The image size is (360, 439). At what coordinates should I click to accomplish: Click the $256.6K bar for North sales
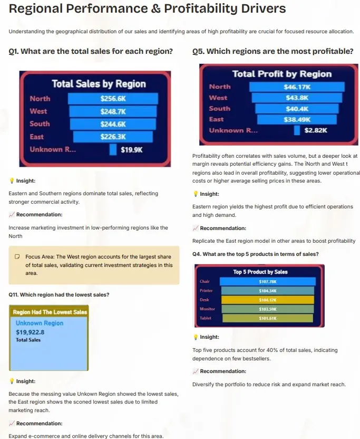pyautogui.click(x=113, y=99)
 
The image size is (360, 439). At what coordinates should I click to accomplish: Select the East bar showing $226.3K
pyautogui.click(x=113, y=137)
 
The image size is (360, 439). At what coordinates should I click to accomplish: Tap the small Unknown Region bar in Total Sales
pyautogui.click(x=113, y=149)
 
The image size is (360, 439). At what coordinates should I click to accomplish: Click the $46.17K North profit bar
pyautogui.click(x=297, y=87)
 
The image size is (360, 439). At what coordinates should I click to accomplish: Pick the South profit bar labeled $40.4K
pyautogui.click(x=297, y=109)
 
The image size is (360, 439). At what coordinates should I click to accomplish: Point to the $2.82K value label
pyautogui.click(x=316, y=130)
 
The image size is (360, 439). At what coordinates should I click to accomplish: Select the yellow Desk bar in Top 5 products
pyautogui.click(x=268, y=300)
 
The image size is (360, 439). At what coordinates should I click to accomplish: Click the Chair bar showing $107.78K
pyautogui.click(x=268, y=281)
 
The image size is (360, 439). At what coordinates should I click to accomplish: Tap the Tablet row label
pyautogui.click(x=206, y=318)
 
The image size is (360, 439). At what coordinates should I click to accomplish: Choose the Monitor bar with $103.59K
pyautogui.click(x=268, y=309)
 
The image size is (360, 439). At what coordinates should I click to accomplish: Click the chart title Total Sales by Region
pyautogui.click(x=99, y=84)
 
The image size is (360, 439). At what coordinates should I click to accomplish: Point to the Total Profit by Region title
pyautogui.click(x=282, y=74)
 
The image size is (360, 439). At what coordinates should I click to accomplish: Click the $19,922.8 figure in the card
pyautogui.click(x=30, y=332)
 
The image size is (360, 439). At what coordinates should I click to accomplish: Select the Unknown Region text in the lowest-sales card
pyautogui.click(x=40, y=323)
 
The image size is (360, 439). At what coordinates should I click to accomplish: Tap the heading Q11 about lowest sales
pyautogui.click(x=59, y=294)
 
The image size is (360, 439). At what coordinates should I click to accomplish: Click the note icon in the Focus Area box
pyautogui.click(x=17, y=256)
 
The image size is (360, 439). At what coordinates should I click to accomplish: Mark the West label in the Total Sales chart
pyautogui.click(x=38, y=111)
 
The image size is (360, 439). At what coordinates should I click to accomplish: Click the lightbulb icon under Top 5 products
pyautogui.click(x=196, y=337)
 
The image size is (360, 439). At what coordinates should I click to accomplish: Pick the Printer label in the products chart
pyautogui.click(x=206, y=291)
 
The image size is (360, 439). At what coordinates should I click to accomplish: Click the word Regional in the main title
pyautogui.click(x=36, y=8)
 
